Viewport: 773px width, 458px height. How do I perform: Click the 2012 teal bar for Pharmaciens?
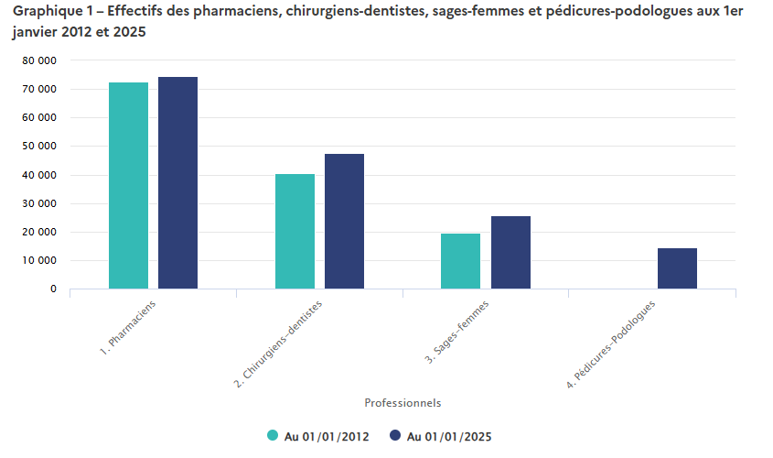coord(128,186)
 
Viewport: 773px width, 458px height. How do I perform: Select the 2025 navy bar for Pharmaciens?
coord(177,183)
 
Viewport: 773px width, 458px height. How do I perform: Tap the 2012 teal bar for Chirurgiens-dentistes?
coord(295,232)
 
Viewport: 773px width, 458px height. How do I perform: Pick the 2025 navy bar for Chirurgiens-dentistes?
coord(344,222)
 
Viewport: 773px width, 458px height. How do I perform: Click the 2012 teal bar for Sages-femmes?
coord(460,261)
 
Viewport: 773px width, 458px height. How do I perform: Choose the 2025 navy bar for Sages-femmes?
coord(510,253)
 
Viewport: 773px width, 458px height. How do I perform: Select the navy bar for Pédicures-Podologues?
coord(677,268)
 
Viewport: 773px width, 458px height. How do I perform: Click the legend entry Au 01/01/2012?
coord(317,436)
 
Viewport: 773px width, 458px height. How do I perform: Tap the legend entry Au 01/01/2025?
coord(441,436)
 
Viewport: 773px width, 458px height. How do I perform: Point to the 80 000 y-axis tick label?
coord(39,60)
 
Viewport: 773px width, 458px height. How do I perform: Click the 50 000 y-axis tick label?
coord(39,147)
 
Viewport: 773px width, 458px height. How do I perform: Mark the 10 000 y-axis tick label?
coord(39,261)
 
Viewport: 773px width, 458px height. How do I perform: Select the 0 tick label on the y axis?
coord(53,289)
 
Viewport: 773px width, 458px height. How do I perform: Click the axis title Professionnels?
coord(403,402)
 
